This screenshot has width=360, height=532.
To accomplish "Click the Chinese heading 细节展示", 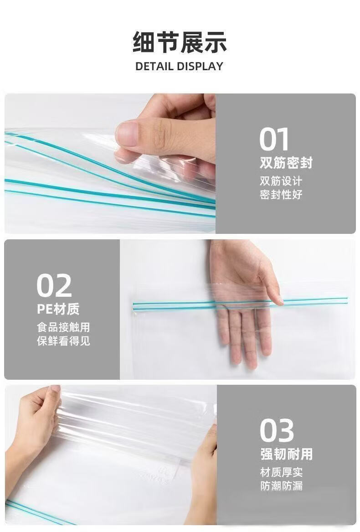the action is click(180, 42).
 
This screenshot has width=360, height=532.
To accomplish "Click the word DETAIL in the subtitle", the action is click(154, 66).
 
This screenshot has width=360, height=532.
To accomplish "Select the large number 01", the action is click(274, 139).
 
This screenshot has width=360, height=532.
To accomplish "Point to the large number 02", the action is click(54, 286).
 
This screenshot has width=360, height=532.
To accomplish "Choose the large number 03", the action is click(277, 430).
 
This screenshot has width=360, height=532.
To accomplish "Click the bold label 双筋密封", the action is click(286, 163).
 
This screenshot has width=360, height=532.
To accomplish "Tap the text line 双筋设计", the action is click(281, 181).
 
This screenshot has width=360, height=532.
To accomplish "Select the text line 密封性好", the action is click(281, 195).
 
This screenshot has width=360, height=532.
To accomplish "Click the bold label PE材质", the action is click(58, 309).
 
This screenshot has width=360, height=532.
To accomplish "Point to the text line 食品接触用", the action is click(63, 327).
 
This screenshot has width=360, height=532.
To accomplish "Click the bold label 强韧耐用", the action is click(286, 454).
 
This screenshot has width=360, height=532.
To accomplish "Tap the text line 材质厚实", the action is click(281, 472).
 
